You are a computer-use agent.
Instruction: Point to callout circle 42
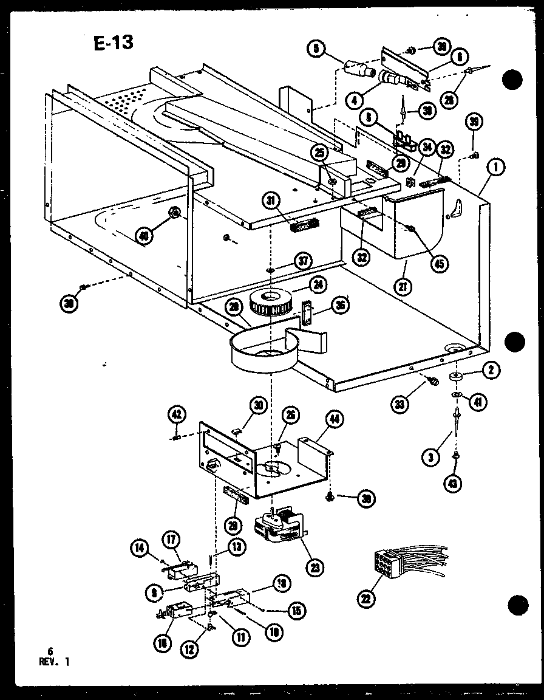pos(176,415)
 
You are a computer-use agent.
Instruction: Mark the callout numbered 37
pos(303,261)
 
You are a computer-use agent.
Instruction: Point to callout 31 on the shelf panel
pos(274,200)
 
